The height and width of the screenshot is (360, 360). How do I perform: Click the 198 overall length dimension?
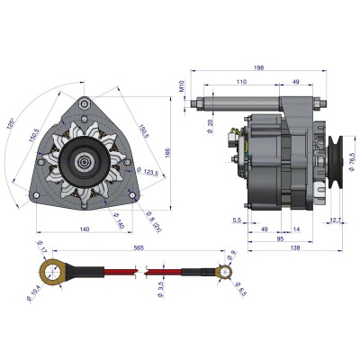click(258, 67)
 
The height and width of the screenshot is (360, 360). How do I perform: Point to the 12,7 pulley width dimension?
click(335, 220)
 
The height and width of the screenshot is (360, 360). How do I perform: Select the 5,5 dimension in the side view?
click(236, 220)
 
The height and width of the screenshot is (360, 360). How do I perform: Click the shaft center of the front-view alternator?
click(82, 163)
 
